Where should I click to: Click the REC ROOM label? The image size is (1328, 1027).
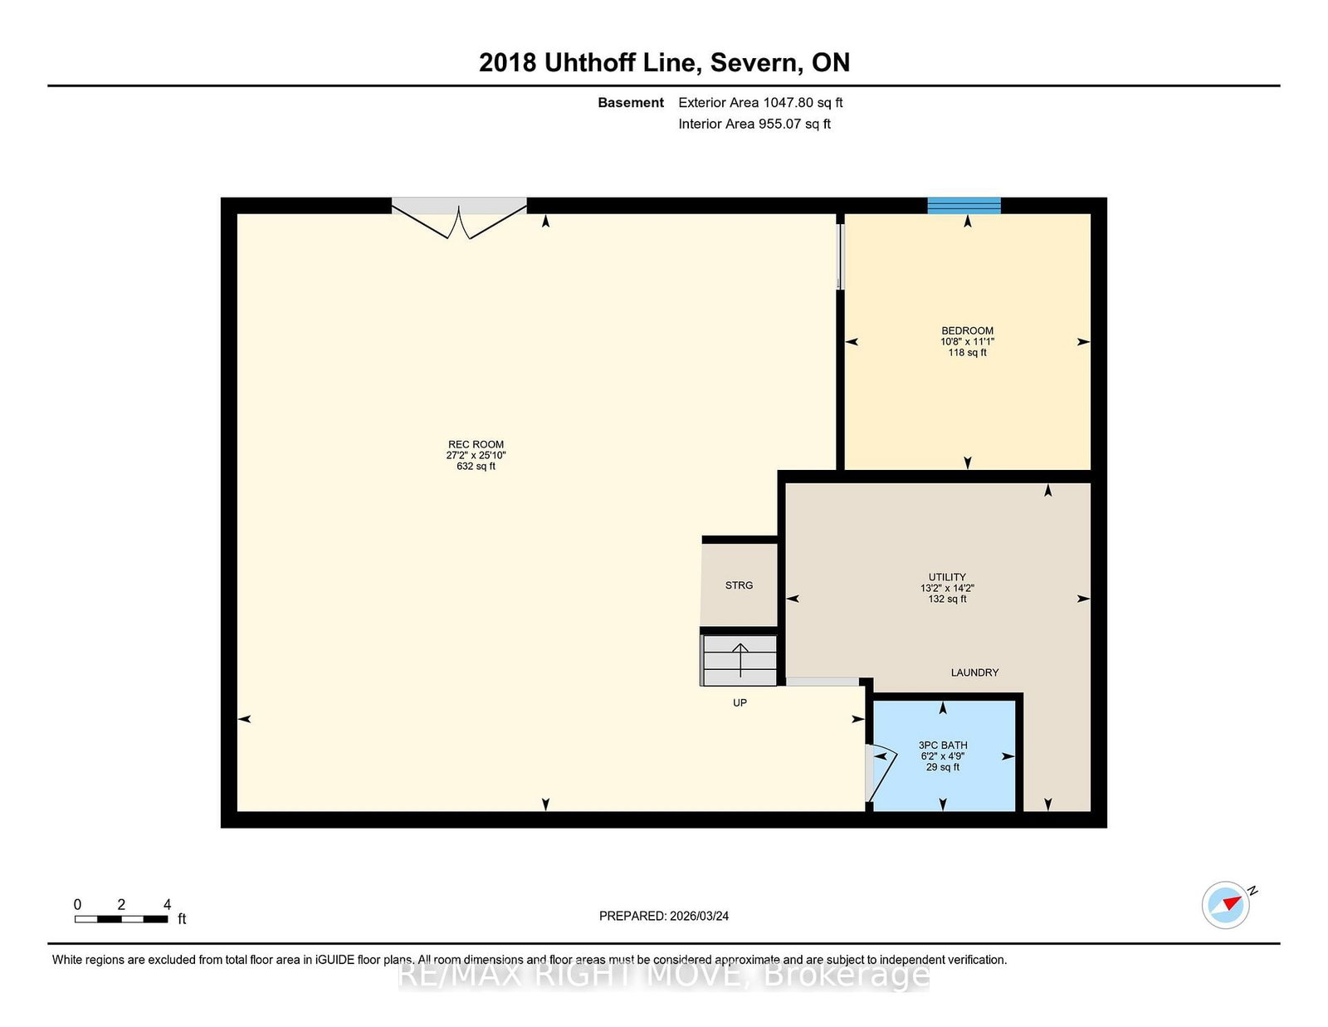click(x=476, y=444)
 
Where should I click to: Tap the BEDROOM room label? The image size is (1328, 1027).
click(x=967, y=330)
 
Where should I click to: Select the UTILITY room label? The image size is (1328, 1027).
click(x=947, y=577)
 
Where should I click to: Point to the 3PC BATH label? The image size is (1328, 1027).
click(x=942, y=746)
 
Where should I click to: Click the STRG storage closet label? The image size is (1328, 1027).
click(x=739, y=585)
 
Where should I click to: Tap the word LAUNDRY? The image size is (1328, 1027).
click(x=974, y=672)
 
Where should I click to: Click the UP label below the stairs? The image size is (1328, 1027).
click(x=740, y=703)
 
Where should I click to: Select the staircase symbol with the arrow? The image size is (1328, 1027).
click(x=740, y=661)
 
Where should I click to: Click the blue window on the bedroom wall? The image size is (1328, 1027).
click(x=964, y=205)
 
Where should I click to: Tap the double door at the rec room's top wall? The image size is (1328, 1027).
click(x=459, y=218)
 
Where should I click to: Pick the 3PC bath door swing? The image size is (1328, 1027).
click(x=880, y=772)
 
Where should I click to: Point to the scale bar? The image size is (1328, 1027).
click(x=121, y=919)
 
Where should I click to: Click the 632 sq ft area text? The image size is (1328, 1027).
click(x=476, y=467)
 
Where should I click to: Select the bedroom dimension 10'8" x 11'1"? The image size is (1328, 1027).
click(x=967, y=342)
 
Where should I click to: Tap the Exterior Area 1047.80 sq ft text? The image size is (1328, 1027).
click(x=760, y=103)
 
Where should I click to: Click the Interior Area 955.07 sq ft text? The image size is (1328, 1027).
click(x=754, y=124)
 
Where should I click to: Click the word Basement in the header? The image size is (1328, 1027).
click(x=630, y=103)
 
